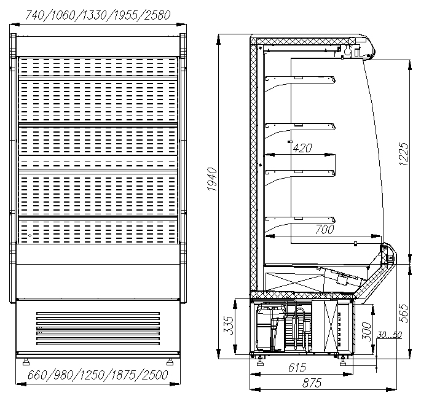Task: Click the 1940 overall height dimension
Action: [x=212, y=179]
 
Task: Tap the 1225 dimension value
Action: [x=404, y=154]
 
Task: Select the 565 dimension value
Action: [x=404, y=313]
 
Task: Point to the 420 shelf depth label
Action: [x=302, y=148]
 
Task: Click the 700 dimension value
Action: [x=325, y=229]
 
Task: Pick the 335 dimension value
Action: [x=229, y=325]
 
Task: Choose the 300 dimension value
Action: [x=366, y=331]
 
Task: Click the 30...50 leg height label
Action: [x=389, y=335]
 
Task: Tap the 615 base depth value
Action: [x=297, y=367]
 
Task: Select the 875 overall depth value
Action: [x=312, y=383]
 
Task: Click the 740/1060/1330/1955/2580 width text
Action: [x=98, y=15]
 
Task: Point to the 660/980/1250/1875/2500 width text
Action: [x=98, y=375]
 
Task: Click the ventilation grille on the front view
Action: [x=98, y=329]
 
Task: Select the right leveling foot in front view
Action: [x=170, y=362]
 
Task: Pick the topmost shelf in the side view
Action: [x=300, y=80]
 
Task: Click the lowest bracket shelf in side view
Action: [x=300, y=220]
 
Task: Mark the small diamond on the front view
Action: [x=30, y=236]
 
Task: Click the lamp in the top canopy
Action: [x=348, y=50]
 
